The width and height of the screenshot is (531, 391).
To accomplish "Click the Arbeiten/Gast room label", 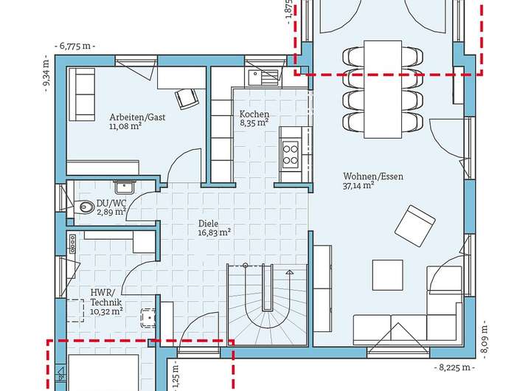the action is click(x=137, y=117).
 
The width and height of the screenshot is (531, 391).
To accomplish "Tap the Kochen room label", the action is click(x=254, y=114).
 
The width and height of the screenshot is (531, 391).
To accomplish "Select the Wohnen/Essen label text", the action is click(x=373, y=176).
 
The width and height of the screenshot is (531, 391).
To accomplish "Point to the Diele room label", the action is click(x=208, y=224).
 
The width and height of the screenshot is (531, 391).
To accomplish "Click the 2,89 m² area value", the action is click(x=111, y=212).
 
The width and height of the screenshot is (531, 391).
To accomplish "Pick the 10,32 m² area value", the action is click(x=106, y=311).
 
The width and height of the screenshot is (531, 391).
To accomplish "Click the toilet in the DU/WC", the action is click(x=84, y=207).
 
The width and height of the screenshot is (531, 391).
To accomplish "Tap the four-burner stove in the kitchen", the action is click(x=291, y=154).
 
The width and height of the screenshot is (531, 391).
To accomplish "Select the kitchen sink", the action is click(x=263, y=77).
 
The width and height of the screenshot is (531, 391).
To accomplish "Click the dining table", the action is click(x=383, y=89).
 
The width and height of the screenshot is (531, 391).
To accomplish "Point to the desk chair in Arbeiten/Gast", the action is click(x=186, y=98).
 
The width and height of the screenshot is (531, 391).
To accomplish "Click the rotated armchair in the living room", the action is click(x=414, y=226).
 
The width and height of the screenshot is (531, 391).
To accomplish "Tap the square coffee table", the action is click(x=388, y=275).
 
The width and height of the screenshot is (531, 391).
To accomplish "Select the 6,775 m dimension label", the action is click(x=74, y=46).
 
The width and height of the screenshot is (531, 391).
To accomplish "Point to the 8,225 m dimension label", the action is click(x=454, y=367).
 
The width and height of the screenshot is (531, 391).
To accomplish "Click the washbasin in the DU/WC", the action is click(x=125, y=187).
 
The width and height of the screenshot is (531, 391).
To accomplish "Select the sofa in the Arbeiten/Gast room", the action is click(x=82, y=94).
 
